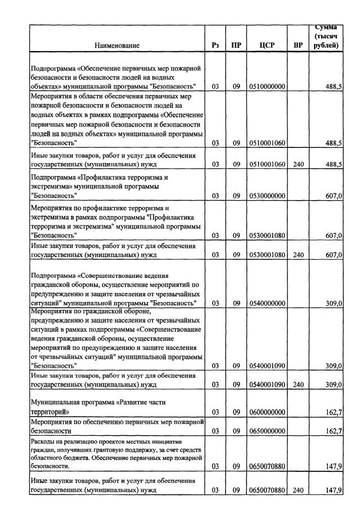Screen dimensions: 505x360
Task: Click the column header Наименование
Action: click(x=117, y=45)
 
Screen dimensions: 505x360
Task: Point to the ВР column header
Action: click(x=298, y=45)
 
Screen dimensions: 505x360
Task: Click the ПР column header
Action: click(x=236, y=45)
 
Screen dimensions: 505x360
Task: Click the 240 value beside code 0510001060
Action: click(x=298, y=164)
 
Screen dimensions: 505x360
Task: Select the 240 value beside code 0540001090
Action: click(x=298, y=385)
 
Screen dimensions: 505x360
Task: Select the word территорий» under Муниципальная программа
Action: click(x=49, y=412)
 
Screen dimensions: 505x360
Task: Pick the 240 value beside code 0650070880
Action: click(x=298, y=490)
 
